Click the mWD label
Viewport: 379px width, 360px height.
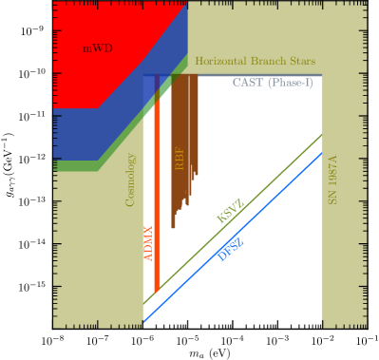coord(97,48)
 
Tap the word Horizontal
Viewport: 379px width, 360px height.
coord(222,62)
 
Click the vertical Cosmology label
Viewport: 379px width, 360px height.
coord(131,180)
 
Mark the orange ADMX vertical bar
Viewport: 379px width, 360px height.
coord(158,190)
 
